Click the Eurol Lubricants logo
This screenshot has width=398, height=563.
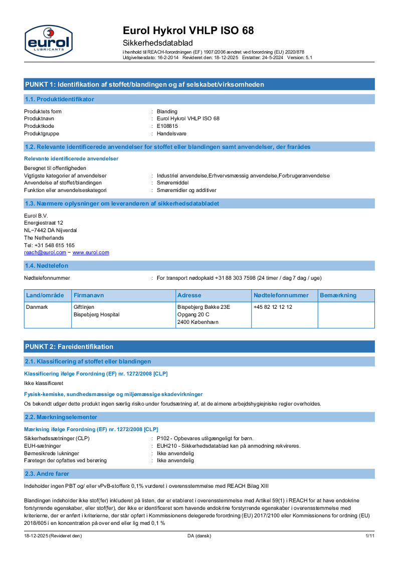49,41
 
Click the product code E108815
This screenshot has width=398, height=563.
167,126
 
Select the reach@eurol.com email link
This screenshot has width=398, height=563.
45,253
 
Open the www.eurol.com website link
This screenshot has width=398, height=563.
91,253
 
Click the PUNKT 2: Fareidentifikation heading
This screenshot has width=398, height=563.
69,346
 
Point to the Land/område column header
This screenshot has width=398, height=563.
45,295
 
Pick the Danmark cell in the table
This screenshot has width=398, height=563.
37,307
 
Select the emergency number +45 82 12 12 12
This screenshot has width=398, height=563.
273,307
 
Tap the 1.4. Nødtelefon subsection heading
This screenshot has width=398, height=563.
47,265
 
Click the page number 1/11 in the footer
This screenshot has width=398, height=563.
370,536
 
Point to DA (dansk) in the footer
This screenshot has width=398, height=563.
196,536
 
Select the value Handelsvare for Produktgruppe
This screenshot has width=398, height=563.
171,133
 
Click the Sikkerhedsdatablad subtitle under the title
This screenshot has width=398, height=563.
158,43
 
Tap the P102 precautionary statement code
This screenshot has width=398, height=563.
163,438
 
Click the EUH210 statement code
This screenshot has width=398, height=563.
166,446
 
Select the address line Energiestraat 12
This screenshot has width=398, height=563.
44,223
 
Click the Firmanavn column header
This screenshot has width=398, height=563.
89,295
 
